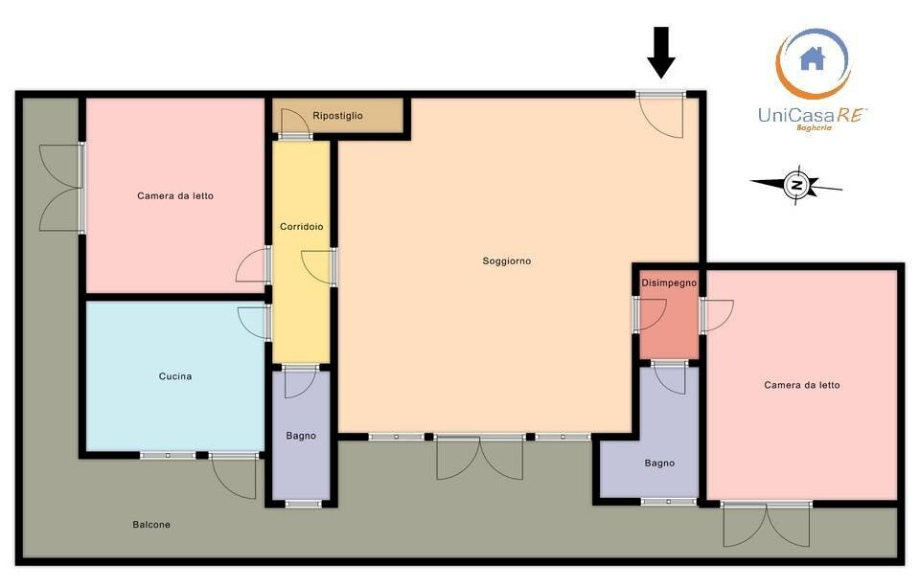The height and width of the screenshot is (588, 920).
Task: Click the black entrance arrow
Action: [x=661, y=52]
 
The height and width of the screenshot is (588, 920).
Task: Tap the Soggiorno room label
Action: [x=507, y=260]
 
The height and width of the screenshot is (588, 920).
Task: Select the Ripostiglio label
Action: [x=337, y=116]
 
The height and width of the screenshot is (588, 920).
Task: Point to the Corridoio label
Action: [x=302, y=226]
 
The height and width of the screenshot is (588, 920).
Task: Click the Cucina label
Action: [x=175, y=375]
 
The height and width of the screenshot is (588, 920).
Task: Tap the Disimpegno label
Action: [x=669, y=283]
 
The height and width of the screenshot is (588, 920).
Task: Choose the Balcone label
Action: [x=151, y=524]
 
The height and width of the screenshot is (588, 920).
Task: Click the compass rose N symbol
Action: [x=796, y=185]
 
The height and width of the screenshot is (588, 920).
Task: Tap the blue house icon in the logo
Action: [x=813, y=58]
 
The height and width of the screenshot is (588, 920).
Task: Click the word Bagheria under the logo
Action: [x=814, y=127]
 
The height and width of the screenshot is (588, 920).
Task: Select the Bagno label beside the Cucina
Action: [x=301, y=436]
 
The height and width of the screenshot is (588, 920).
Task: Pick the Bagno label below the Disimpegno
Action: [x=659, y=463]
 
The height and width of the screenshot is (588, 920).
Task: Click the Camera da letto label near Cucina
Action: [x=175, y=195]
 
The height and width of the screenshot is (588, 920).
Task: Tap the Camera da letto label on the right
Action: [x=802, y=385]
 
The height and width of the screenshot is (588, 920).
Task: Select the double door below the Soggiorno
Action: [x=480, y=458]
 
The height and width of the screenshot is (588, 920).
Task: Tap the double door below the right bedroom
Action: [x=767, y=525]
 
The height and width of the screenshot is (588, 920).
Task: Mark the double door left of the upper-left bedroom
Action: [x=59, y=188]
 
